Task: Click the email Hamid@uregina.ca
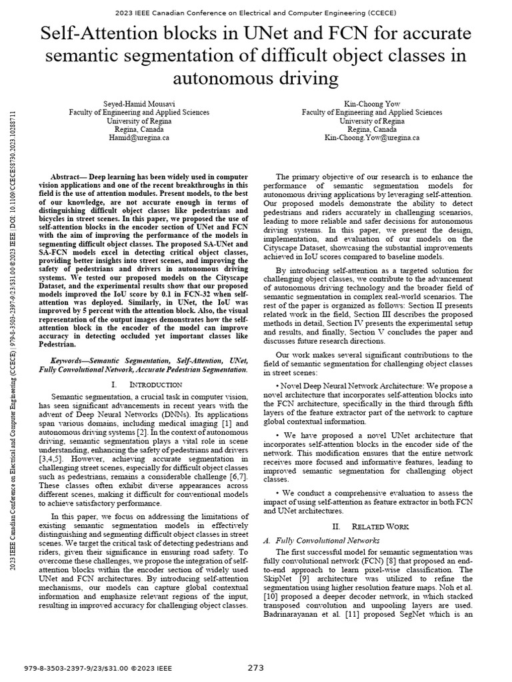139,137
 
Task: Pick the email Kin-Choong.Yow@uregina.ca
371,137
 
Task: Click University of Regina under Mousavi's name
139,121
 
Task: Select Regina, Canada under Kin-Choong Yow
371,129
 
